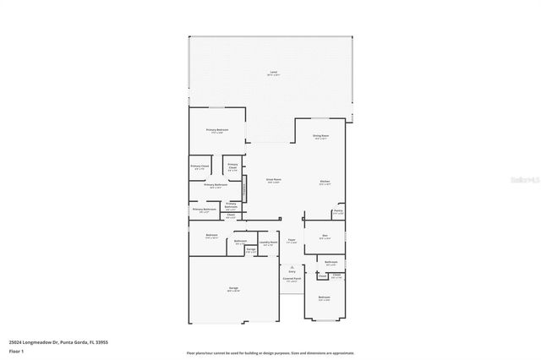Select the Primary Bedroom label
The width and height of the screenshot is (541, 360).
(x=217, y=130)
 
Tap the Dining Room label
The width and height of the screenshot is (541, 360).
(x=321, y=137)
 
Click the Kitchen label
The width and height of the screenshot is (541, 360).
(x=325, y=182)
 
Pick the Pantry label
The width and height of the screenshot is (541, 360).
(x=337, y=211)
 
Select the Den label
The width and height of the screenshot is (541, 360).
(x=325, y=237)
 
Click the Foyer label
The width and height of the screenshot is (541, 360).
(x=291, y=241)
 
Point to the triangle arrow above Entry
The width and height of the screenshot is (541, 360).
(x=291, y=265)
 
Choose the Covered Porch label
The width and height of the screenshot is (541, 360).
(x=292, y=279)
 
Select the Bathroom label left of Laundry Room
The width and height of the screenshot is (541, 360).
(x=241, y=242)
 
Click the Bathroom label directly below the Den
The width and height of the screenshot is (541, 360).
(x=331, y=264)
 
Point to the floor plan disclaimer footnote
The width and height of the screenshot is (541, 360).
(x=270, y=352)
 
